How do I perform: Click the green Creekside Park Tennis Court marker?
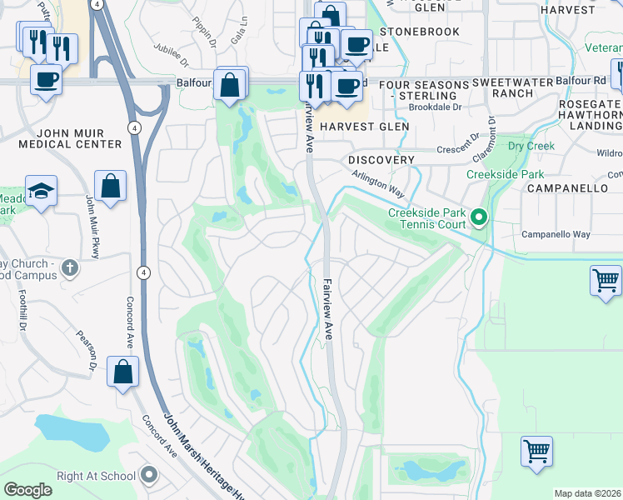(x=479, y=219)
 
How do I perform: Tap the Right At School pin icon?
(x=149, y=475)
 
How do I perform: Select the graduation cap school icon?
(x=41, y=191)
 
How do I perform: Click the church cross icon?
(x=71, y=269)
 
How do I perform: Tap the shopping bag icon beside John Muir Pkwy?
(x=110, y=186)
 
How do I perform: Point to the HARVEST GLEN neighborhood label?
(x=365, y=126)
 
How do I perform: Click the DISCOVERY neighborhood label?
(x=381, y=159)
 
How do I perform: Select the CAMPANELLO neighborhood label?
(x=566, y=188)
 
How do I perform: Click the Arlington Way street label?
(x=377, y=185)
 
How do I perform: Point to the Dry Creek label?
(x=531, y=146)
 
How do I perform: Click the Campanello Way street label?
(x=556, y=234)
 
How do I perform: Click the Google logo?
(x=28, y=490)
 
